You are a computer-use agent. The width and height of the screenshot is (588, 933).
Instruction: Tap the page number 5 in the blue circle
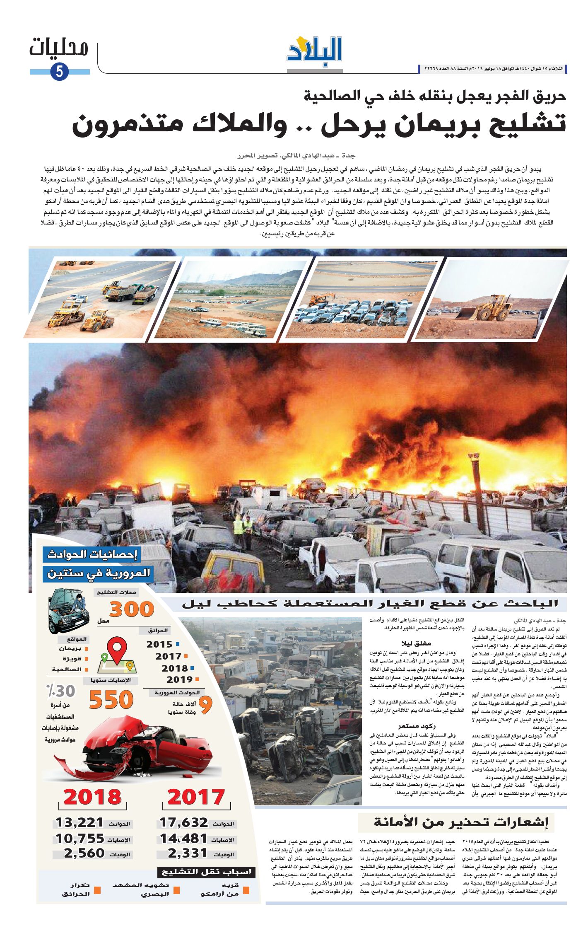tap(59, 72)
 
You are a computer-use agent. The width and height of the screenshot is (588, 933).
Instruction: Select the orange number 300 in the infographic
tap(132, 609)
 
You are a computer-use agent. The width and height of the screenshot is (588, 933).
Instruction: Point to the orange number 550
tap(111, 700)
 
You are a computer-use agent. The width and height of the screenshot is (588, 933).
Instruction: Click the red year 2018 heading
tap(93, 797)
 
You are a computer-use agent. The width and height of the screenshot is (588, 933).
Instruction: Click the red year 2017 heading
tap(196, 797)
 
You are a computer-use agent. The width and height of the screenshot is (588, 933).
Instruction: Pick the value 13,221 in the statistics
tap(80, 822)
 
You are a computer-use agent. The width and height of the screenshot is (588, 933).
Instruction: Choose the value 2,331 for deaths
tap(187, 853)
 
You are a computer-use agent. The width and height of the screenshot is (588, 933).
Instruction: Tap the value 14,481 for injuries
tap(183, 838)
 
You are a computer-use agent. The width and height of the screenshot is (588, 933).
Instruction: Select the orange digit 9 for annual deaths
tap(205, 706)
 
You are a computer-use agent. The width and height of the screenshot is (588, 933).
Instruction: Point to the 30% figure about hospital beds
tap(60, 691)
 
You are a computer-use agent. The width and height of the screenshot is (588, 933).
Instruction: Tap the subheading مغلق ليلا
tap(416, 643)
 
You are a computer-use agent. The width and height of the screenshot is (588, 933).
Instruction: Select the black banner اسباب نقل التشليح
tap(206, 872)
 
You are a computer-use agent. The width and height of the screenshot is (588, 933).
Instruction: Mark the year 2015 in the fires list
tap(159, 645)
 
